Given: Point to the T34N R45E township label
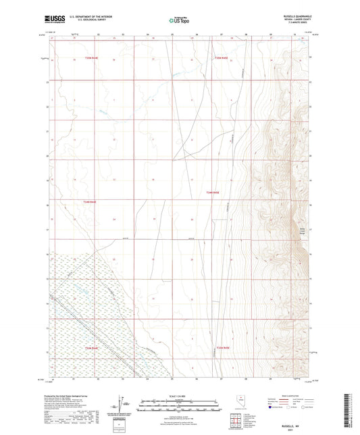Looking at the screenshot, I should pos(213,193).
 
